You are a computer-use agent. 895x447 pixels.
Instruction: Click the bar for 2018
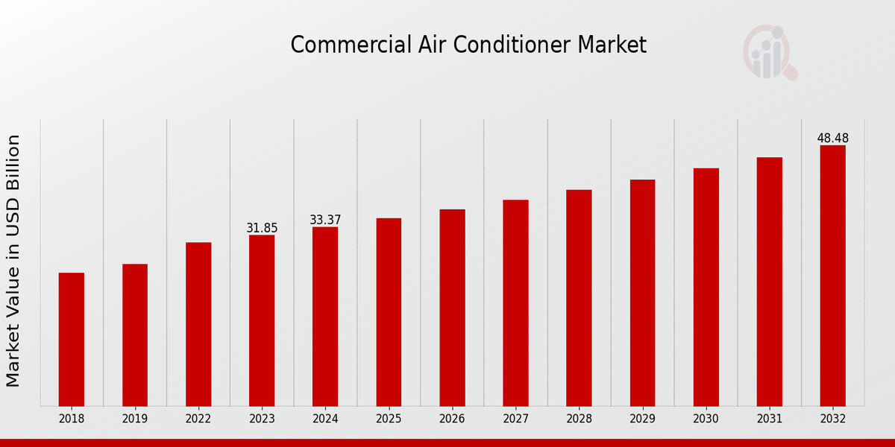click(x=72, y=339)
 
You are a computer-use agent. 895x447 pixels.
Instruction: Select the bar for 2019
click(x=135, y=335)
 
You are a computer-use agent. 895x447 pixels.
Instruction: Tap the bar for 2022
click(x=198, y=324)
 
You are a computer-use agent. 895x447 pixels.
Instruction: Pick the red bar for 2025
click(x=389, y=311)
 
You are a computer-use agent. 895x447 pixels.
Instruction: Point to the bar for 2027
click(x=515, y=302)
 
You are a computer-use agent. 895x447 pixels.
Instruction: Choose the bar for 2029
click(x=642, y=293)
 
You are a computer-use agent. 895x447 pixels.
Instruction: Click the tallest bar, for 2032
click(x=832, y=276)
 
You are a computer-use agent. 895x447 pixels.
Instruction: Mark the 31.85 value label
click(x=262, y=228)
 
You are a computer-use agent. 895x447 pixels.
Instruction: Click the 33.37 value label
click(x=325, y=220)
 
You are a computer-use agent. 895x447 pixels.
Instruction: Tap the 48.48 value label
click(x=832, y=138)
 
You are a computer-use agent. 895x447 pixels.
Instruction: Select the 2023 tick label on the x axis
click(x=262, y=419)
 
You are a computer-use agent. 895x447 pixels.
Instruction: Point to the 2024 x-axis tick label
click(x=325, y=419)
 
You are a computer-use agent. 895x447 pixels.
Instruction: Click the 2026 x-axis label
click(x=452, y=419)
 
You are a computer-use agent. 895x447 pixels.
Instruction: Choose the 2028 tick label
click(x=579, y=419)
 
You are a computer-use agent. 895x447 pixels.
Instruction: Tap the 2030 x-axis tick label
click(x=706, y=419)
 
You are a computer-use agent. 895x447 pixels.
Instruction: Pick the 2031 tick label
click(x=769, y=419)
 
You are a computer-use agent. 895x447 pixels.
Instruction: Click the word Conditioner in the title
click(x=525, y=45)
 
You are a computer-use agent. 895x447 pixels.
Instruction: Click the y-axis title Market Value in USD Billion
click(x=13, y=261)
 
